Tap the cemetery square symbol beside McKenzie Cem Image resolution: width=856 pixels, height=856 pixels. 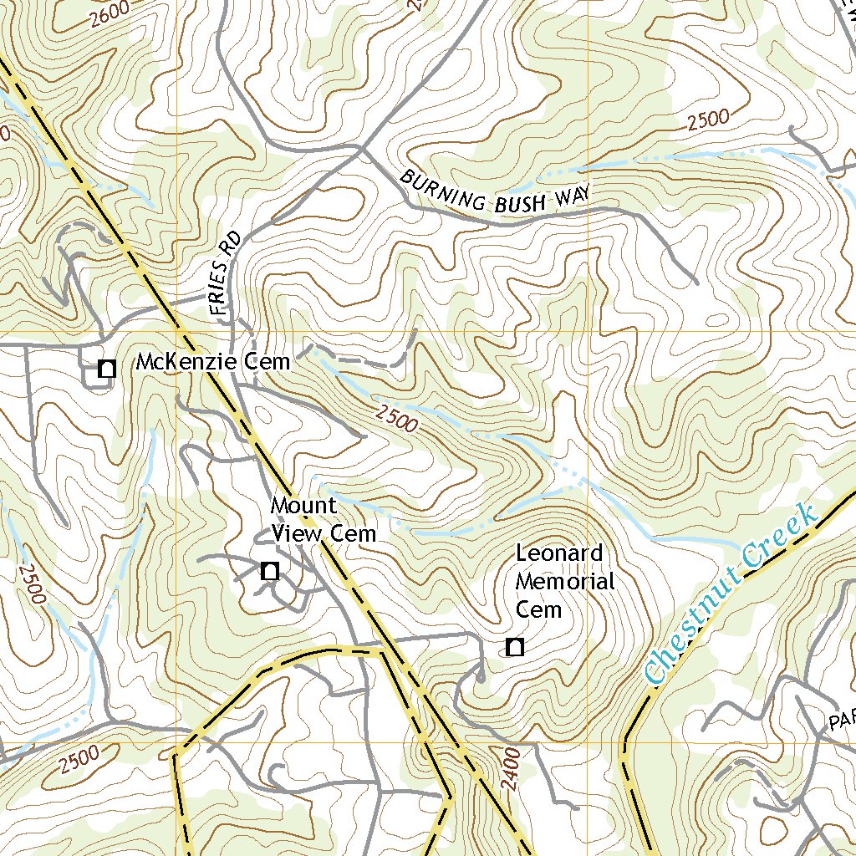click(106, 369)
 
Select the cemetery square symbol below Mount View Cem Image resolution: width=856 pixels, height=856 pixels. click(269, 572)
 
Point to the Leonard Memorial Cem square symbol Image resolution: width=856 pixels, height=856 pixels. click(515, 647)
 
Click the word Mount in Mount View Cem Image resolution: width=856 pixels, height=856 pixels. click(303, 507)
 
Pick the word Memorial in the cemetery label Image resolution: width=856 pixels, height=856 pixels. click(566, 582)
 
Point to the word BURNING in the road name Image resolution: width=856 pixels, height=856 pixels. click(443, 192)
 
